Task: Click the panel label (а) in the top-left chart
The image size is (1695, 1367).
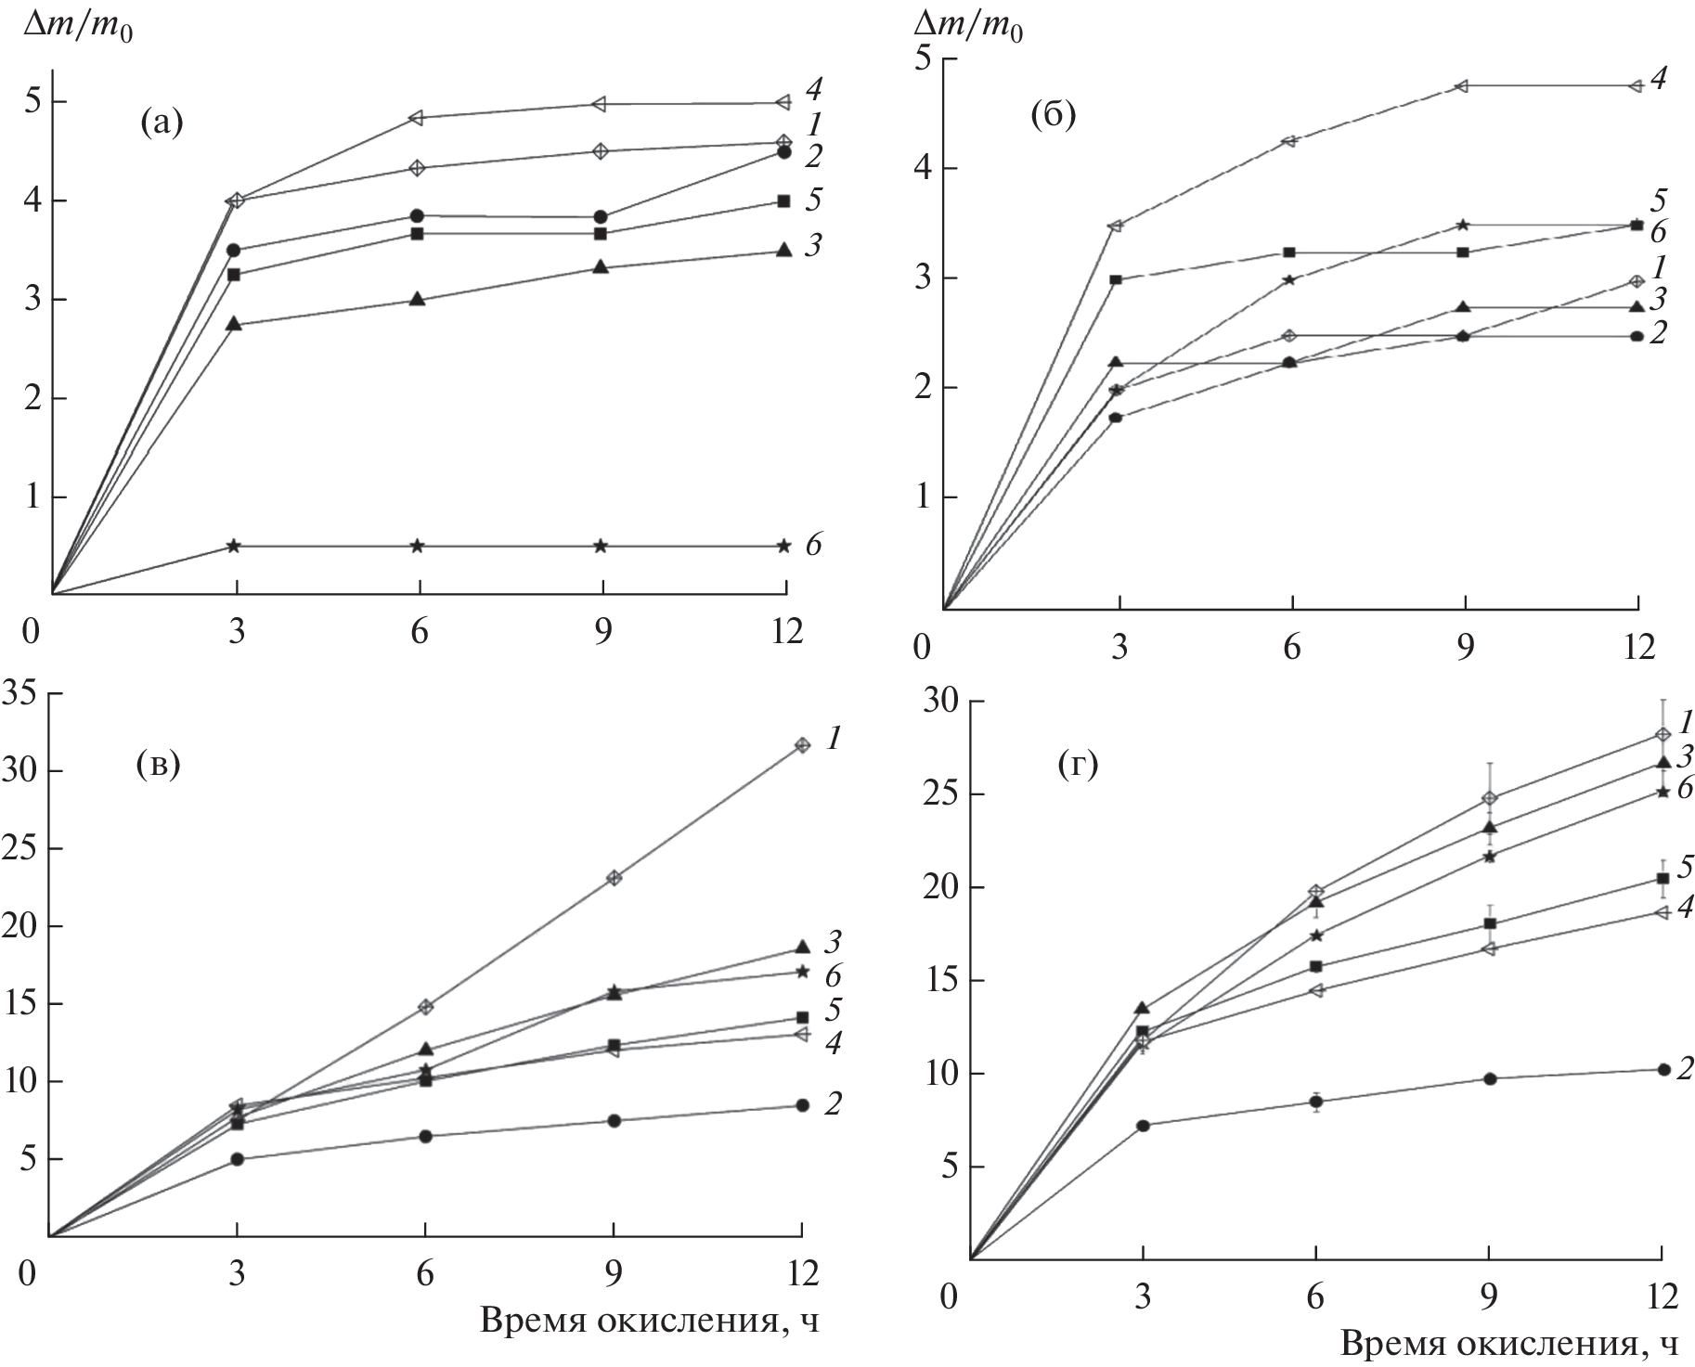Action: tap(162, 123)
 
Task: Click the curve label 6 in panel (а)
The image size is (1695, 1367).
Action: tap(813, 545)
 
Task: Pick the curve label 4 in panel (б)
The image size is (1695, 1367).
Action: tap(1660, 79)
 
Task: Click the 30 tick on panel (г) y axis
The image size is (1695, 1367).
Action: tap(939, 702)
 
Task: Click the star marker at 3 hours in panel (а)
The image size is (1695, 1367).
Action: tap(234, 546)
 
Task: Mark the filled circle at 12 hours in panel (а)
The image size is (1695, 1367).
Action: tap(784, 152)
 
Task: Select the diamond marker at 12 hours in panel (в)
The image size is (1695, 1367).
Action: tap(802, 745)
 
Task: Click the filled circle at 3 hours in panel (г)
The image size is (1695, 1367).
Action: tap(1143, 1126)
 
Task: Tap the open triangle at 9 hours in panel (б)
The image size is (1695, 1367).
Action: tap(1463, 86)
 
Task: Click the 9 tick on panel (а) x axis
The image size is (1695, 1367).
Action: tap(602, 632)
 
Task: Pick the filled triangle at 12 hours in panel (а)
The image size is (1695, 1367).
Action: tap(784, 250)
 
